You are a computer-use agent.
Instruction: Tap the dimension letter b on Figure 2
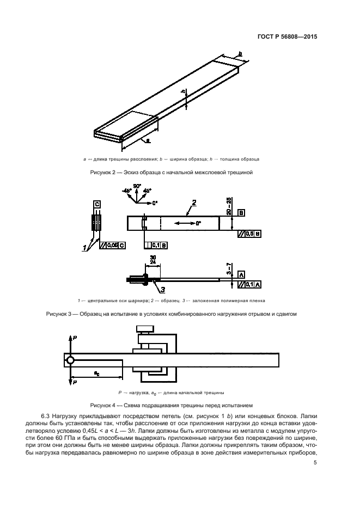point(240,53)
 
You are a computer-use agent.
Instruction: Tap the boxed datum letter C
point(96,204)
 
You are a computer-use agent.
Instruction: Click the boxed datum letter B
point(241,213)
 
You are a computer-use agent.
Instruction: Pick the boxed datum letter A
point(240,273)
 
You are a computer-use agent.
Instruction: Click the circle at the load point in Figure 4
point(70,360)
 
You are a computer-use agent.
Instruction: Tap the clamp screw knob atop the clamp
point(144,328)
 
